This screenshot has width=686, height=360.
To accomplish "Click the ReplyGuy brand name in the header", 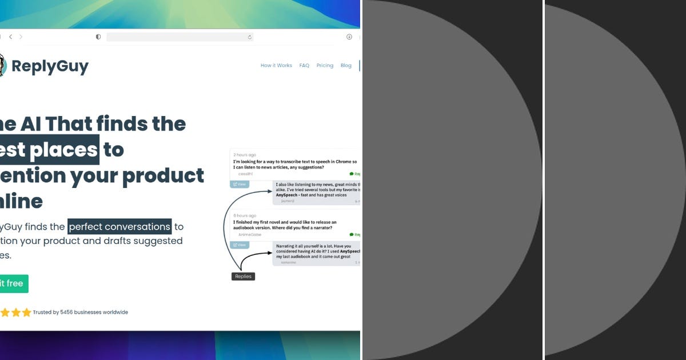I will pyautogui.click(x=50, y=66).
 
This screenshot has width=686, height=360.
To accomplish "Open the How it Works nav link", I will pyautogui.click(x=276, y=66).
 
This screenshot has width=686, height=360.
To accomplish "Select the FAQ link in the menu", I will pyautogui.click(x=304, y=66).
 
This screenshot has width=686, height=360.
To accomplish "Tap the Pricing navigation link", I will pyautogui.click(x=325, y=66).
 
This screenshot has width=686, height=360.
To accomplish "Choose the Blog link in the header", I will pyautogui.click(x=346, y=66).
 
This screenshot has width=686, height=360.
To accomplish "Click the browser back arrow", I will pyautogui.click(x=10, y=37).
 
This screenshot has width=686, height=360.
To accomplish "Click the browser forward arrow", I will pyautogui.click(x=21, y=37).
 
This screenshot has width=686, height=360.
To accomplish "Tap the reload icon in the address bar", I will pyautogui.click(x=249, y=37).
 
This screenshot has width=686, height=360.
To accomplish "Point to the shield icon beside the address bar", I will pyautogui.click(x=98, y=37).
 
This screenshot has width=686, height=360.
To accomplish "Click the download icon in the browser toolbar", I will pyautogui.click(x=349, y=37).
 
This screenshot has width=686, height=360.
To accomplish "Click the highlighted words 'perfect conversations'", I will pyautogui.click(x=119, y=226).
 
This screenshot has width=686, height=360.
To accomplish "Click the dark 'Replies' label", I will pyautogui.click(x=243, y=276).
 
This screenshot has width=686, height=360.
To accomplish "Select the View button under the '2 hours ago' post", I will pyautogui.click(x=240, y=184).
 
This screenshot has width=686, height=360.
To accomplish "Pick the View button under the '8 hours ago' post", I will pyautogui.click(x=240, y=245).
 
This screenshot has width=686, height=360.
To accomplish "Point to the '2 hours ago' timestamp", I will pyautogui.click(x=245, y=155).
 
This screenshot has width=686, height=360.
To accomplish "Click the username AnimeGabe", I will pyautogui.click(x=249, y=234).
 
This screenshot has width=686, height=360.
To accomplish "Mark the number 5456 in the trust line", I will pyautogui.click(x=68, y=313).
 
